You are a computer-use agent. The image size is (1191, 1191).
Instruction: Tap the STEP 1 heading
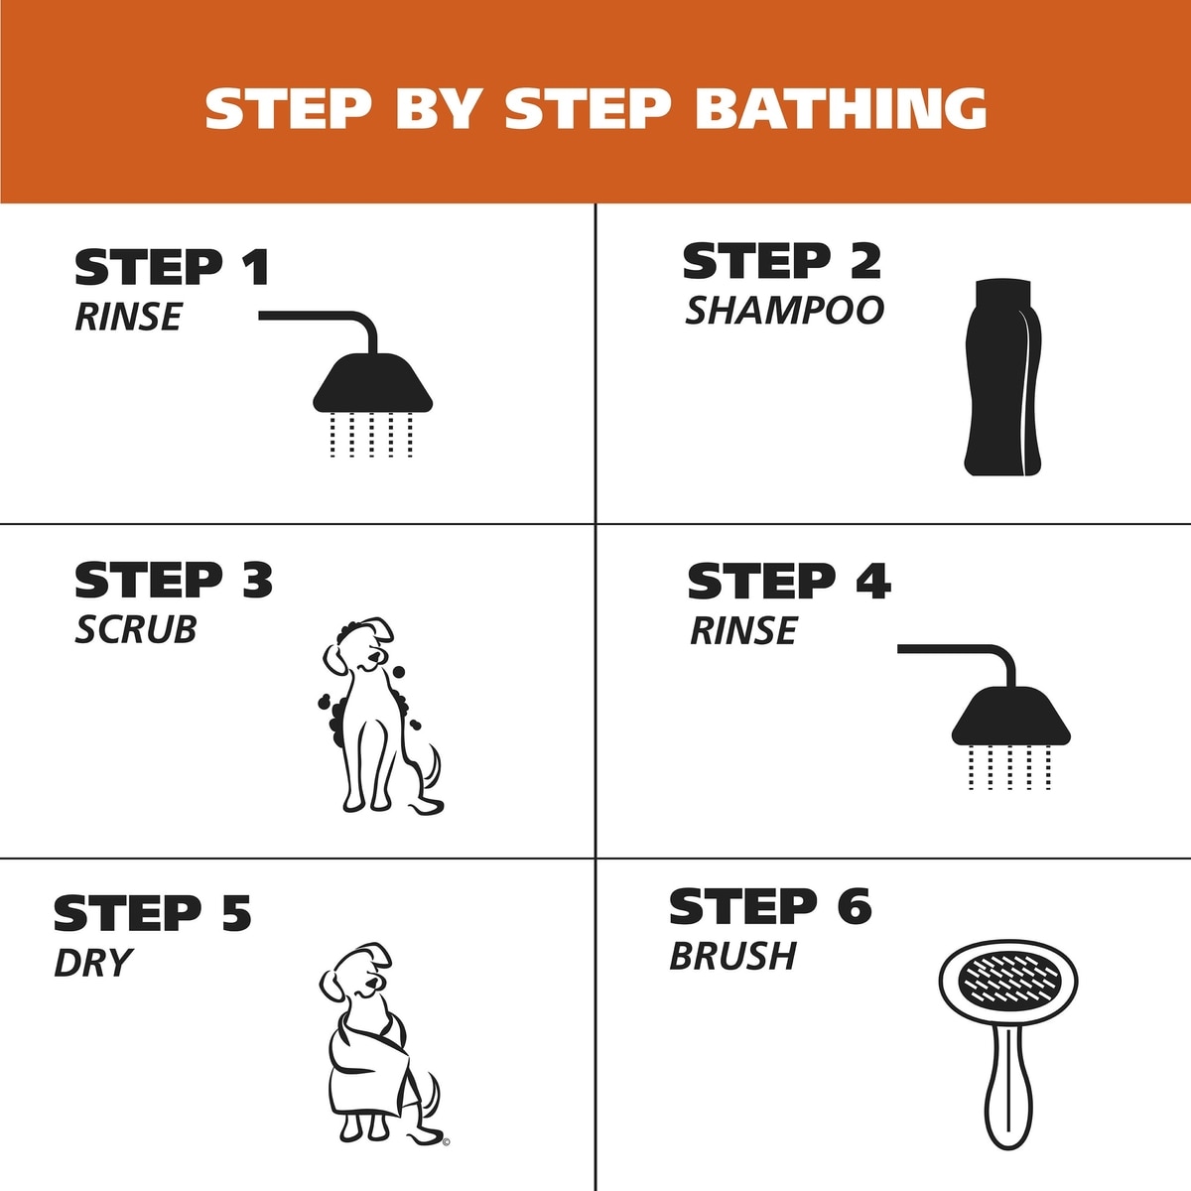pyautogui.click(x=172, y=267)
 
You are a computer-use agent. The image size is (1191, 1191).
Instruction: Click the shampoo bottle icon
pyautogui.click(x=1002, y=377)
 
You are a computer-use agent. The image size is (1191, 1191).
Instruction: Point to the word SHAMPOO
pyautogui.click(x=784, y=311)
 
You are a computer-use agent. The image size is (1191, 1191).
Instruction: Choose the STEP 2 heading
pyautogui.click(x=782, y=261)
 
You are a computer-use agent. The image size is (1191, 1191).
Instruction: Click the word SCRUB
pyautogui.click(x=135, y=630)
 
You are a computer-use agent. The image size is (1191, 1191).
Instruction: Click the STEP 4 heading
pyautogui.click(x=789, y=581)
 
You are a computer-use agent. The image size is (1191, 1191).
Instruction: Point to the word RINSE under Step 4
pyautogui.click(x=743, y=630)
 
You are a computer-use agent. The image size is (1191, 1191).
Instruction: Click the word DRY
pyautogui.click(x=93, y=963)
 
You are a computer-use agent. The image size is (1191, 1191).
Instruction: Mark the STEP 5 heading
pyautogui.click(x=153, y=913)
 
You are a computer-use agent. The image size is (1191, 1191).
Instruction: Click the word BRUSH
pyautogui.click(x=732, y=957)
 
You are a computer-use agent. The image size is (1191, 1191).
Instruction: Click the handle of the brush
pyautogui.click(x=1008, y=1094)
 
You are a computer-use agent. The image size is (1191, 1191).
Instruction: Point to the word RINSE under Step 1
pyautogui.click(x=128, y=317)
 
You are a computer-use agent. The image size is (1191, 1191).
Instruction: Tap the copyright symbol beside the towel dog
pyautogui.click(x=447, y=1142)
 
